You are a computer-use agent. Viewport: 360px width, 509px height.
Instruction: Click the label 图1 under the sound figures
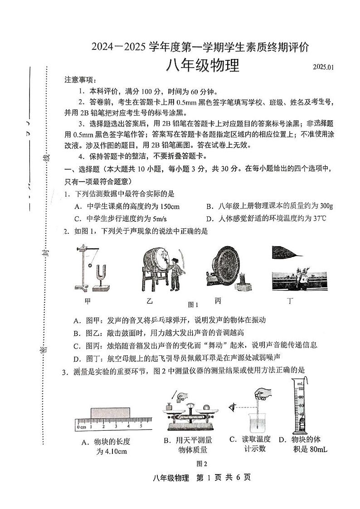point(194,304)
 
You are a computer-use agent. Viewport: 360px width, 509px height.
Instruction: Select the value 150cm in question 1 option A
point(167,206)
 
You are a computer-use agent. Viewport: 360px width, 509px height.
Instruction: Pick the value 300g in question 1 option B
point(324,206)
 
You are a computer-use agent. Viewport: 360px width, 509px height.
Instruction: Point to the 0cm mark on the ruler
point(82,427)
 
